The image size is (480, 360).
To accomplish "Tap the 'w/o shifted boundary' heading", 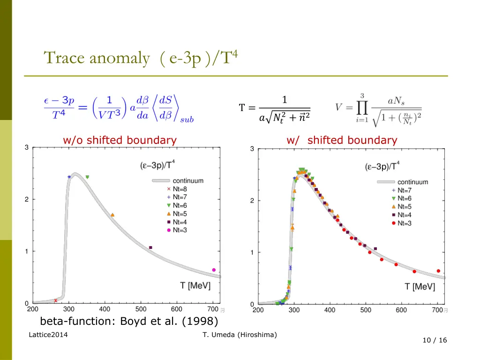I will click(x=120, y=140).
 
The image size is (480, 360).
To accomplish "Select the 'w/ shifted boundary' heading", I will click(x=342, y=140).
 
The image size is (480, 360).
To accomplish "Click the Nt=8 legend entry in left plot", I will click(x=177, y=189).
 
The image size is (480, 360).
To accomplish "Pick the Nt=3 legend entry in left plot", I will click(x=177, y=230).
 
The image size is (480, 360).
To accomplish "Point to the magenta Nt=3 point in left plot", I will click(x=214, y=270).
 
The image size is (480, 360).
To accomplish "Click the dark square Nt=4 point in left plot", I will click(x=150, y=247).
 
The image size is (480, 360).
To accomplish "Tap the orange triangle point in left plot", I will click(x=112, y=215).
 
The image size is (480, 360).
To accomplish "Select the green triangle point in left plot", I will click(x=87, y=177).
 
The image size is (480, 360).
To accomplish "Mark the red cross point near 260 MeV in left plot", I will click(x=55, y=300).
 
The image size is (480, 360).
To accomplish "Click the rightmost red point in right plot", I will click(x=438, y=271).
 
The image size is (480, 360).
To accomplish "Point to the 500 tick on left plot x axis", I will click(x=141, y=309).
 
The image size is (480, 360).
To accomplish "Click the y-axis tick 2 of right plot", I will click(x=252, y=201).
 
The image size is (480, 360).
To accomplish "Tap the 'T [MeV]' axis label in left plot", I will click(x=195, y=285).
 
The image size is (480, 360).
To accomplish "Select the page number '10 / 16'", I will click(x=435, y=340).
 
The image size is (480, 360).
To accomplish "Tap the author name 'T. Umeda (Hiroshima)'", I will click(x=240, y=334).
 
